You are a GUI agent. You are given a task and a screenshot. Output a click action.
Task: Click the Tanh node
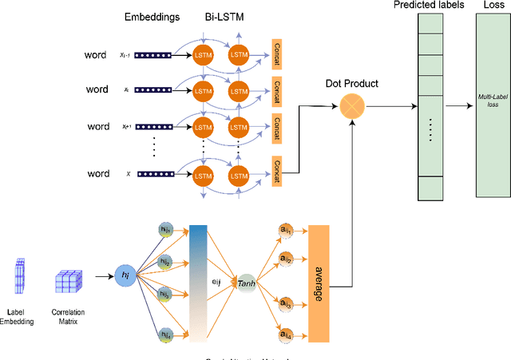(248, 283)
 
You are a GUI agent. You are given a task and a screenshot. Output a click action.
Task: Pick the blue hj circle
(125, 275)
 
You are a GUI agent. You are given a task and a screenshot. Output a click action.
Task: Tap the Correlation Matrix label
(68, 318)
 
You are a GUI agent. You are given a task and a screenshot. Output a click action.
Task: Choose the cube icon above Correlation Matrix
(68, 283)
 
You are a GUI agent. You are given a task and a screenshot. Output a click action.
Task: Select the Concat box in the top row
(277, 55)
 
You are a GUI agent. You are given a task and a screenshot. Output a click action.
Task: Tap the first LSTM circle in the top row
(201, 55)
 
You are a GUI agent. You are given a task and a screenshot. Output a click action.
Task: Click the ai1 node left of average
(285, 230)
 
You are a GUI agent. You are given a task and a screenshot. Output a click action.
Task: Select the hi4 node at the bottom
(165, 334)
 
